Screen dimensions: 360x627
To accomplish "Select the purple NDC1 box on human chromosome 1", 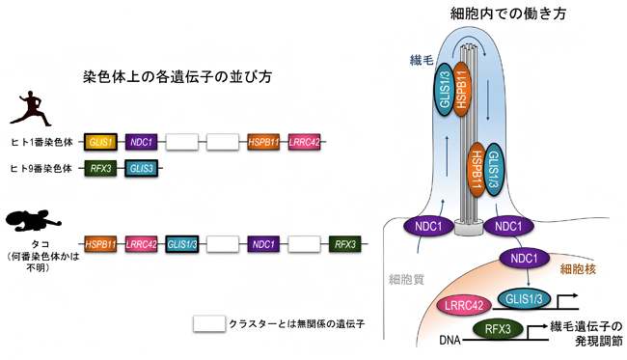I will tap(142, 141).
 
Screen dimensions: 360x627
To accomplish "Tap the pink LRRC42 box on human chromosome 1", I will tap(305, 141).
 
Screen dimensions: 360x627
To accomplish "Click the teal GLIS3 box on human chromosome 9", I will tap(142, 168).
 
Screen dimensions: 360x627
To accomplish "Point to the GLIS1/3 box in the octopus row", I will tap(182, 244).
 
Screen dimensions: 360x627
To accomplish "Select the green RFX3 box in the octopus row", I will tap(345, 244).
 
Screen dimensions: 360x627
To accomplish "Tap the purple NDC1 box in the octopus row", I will tap(263, 244).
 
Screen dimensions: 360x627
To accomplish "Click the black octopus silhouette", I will tap(31, 220).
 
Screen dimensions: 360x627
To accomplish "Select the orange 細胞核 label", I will tap(580, 267).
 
